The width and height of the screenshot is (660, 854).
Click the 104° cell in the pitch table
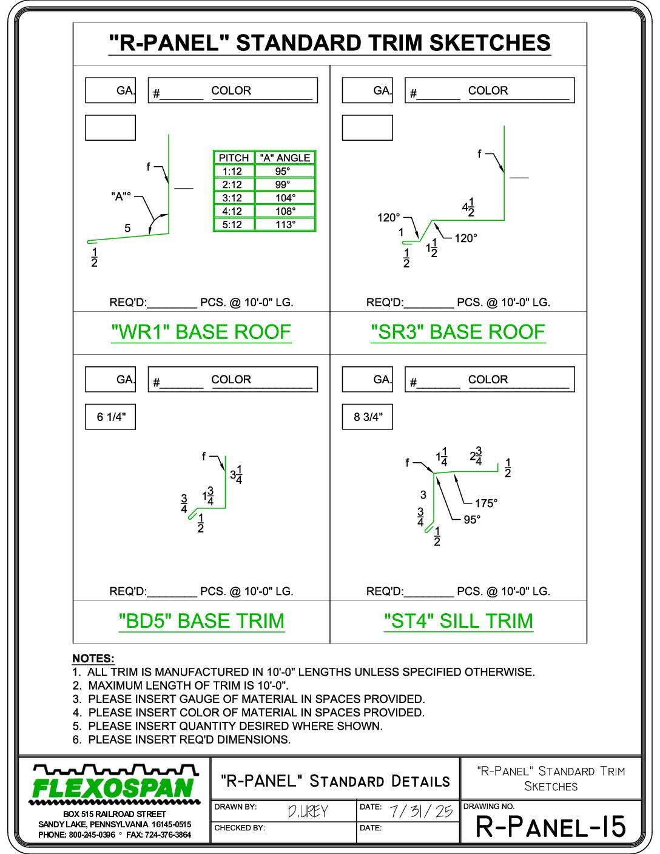(285, 198)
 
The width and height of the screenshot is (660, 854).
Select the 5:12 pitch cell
(234, 224)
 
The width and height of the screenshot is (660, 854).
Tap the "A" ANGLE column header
(285, 158)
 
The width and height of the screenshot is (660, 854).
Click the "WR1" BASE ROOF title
(201, 332)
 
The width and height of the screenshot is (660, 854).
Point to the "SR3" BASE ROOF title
(459, 332)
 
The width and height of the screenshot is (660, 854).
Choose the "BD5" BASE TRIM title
(201, 621)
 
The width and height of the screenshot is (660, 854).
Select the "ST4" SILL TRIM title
(459, 621)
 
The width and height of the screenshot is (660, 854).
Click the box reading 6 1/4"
(110, 417)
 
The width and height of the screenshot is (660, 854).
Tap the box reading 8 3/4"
(367, 417)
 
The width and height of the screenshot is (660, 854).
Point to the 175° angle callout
(487, 503)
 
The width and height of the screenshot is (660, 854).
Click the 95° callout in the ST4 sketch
(472, 520)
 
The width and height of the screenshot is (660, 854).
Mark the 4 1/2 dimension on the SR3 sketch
(468, 207)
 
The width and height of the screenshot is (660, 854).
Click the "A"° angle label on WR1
(121, 196)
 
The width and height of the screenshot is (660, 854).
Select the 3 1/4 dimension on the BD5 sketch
(236, 475)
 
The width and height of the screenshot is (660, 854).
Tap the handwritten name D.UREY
(308, 811)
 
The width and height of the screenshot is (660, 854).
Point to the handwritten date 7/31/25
(422, 811)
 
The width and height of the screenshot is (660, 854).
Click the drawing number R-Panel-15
(551, 827)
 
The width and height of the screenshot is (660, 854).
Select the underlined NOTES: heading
(93, 659)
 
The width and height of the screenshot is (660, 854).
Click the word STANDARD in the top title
(298, 43)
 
